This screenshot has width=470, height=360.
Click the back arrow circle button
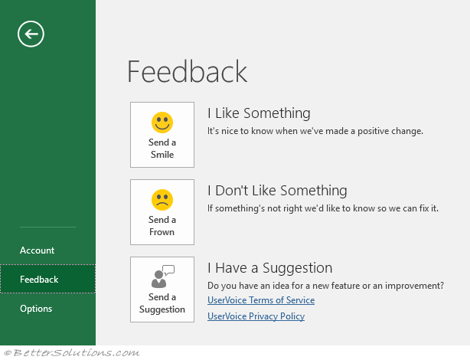pos(31,34)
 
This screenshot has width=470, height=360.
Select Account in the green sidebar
pos(38,250)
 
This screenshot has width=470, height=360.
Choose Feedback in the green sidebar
pos(39,280)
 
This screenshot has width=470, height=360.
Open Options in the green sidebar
pos(36,309)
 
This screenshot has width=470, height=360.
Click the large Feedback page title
pos(188,71)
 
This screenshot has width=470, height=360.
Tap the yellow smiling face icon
pos(162,123)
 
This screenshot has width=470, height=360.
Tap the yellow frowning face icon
pos(162,200)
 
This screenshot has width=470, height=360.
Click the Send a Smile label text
pos(162,148)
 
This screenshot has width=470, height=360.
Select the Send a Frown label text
pos(162,226)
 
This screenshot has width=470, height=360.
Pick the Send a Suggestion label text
pos(162,303)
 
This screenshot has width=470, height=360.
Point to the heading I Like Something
pos(259,113)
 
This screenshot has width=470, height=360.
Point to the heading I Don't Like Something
pos(277,191)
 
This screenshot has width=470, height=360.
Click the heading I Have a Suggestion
pos(269,268)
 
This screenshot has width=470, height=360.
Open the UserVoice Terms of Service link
pos(261,300)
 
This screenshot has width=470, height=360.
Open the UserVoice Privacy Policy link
pos(256,316)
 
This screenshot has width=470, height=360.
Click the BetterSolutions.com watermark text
pos(72,352)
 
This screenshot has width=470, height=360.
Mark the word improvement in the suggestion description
pos(414,286)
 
